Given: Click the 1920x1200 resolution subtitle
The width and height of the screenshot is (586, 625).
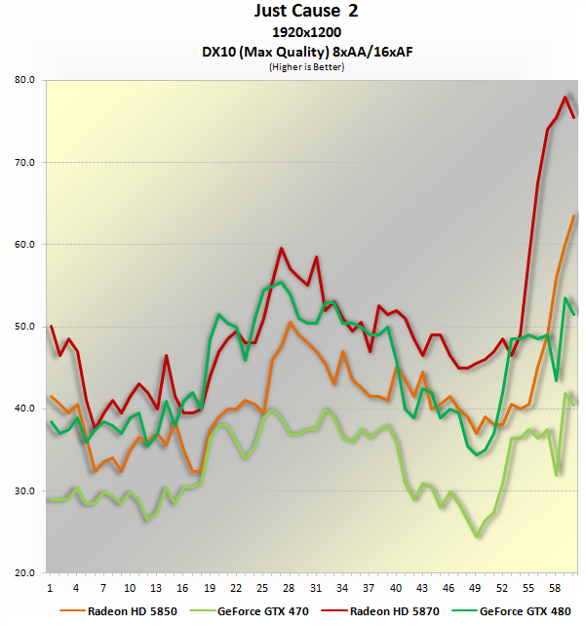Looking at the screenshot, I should pyautogui.click(x=293, y=32).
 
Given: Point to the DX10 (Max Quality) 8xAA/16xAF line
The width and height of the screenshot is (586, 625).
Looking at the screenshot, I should pyautogui.click(x=293, y=50).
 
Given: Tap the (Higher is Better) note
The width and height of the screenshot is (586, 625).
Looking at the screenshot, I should pyautogui.click(x=293, y=66).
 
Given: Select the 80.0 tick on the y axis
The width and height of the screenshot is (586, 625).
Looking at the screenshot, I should pyautogui.click(x=26, y=80).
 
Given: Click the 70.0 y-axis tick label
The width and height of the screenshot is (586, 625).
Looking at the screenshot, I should pyautogui.click(x=26, y=162).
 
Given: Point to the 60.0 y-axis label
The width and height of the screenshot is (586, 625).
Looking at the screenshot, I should pyautogui.click(x=26, y=244).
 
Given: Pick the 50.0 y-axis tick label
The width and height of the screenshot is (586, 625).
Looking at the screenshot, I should pyautogui.click(x=26, y=327).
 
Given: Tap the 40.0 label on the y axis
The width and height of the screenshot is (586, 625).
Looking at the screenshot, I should pyautogui.click(x=26, y=409).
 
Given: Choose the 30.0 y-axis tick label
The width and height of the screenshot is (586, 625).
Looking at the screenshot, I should pyautogui.click(x=26, y=490).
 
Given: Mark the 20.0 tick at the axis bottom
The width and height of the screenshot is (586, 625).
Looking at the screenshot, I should pyautogui.click(x=26, y=572).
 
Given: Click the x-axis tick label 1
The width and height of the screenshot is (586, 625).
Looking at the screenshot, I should pyautogui.click(x=51, y=589).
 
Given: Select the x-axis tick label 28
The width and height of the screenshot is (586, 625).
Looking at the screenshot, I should pyautogui.click(x=290, y=589).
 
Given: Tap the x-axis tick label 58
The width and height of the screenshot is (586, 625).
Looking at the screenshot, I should pyautogui.click(x=556, y=589).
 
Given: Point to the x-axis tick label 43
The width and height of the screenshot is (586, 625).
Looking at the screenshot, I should pyautogui.click(x=422, y=589).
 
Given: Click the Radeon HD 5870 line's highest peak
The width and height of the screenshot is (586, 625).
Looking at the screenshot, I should pyautogui.click(x=565, y=98).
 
